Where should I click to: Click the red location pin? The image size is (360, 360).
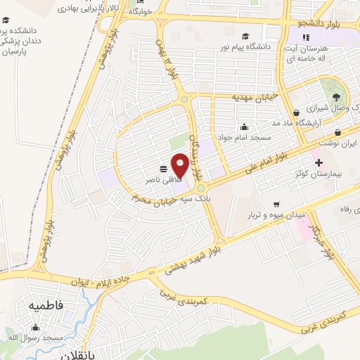pyautogui.click(x=180, y=165)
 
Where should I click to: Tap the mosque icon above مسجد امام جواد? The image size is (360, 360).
pyautogui.click(x=244, y=127)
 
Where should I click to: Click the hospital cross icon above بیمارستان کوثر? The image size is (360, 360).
pyautogui.click(x=319, y=162)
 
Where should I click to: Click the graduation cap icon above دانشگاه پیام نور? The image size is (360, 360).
pyautogui.click(x=245, y=37)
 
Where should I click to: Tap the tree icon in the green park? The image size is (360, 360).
pyautogui.click(x=337, y=97)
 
